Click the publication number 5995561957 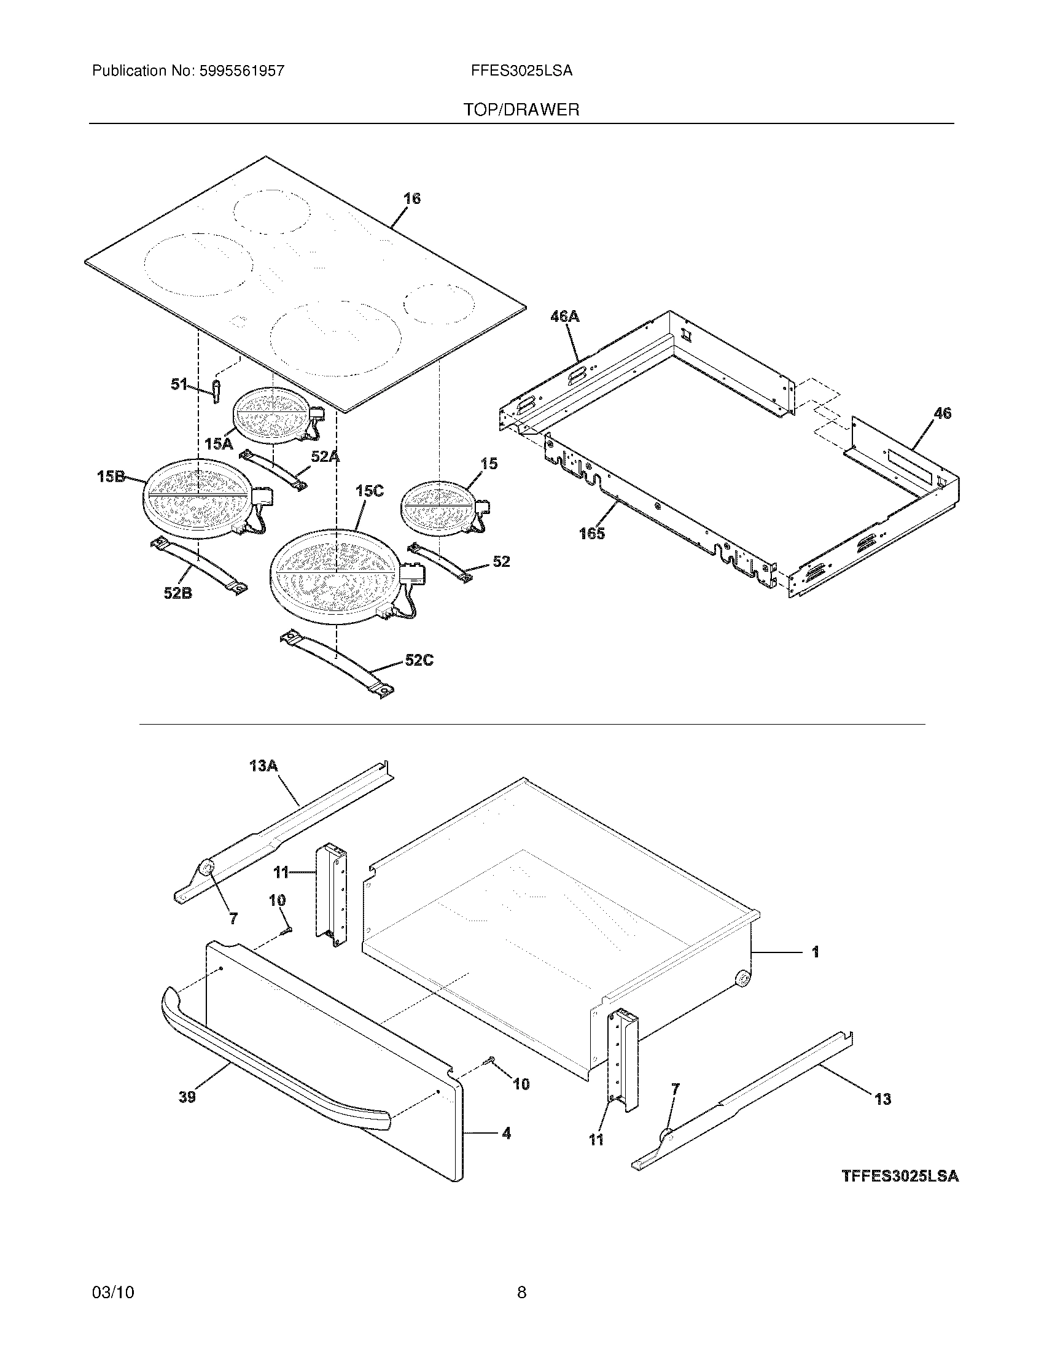[242, 71]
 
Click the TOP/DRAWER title [521, 110]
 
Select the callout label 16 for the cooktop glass [412, 198]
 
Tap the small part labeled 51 [216, 392]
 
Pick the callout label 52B [177, 593]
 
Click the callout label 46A [564, 317]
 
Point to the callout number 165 [591, 534]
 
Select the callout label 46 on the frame [942, 413]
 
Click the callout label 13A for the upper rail [263, 766]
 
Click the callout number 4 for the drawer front [506, 1133]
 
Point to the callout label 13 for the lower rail [882, 1099]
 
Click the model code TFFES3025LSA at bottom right [900, 1176]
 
